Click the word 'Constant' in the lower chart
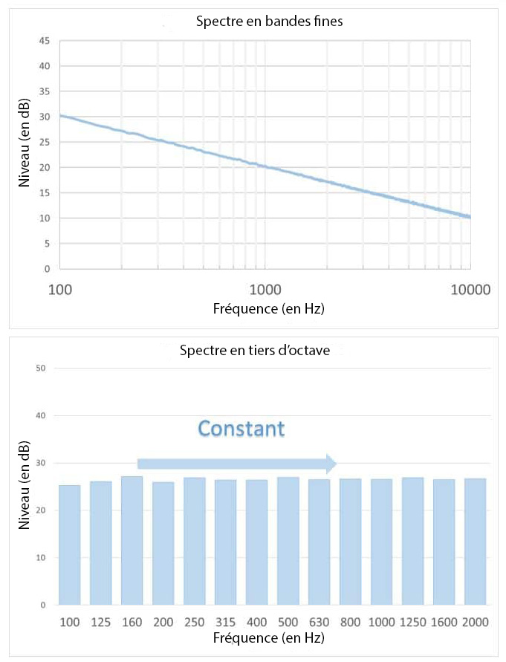tap(241, 429)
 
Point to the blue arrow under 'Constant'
tap(237, 464)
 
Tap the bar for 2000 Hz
tap(476, 542)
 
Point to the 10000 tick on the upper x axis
tap(470, 289)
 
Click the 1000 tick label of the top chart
tap(265, 289)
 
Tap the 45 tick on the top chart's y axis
tap(45, 41)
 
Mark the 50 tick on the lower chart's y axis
tap(41, 369)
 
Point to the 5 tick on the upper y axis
tap(47, 244)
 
